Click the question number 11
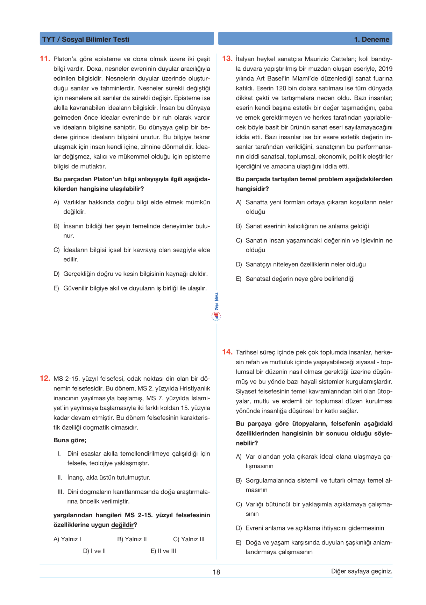click(x=45, y=58)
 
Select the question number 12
click(x=45, y=378)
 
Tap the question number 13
click(x=227, y=58)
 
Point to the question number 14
click(x=227, y=352)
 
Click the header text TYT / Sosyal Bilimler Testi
click(x=86, y=39)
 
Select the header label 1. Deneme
click(x=371, y=39)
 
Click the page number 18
click(x=216, y=572)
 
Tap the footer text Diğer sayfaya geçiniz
click(x=362, y=571)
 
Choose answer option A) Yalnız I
click(x=67, y=539)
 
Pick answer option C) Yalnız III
click(x=189, y=539)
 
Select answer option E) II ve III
click(x=163, y=551)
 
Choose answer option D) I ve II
click(x=94, y=551)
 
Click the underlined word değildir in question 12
click(x=122, y=525)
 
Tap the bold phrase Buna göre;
click(x=70, y=440)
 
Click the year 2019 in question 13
click(x=385, y=69)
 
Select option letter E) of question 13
click(x=239, y=279)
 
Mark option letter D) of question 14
click(x=239, y=528)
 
